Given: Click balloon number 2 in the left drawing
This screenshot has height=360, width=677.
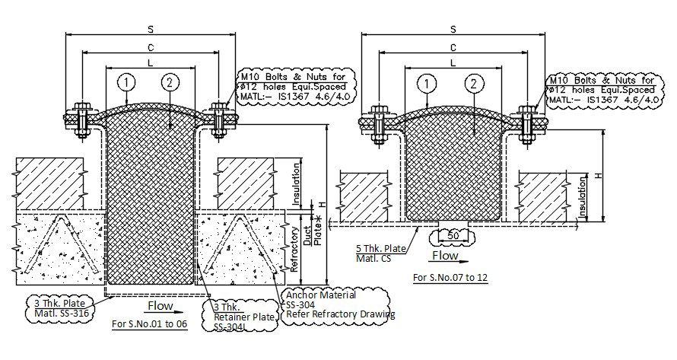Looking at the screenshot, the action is click(170, 81).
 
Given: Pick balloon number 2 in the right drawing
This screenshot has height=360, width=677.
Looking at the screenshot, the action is click(474, 83).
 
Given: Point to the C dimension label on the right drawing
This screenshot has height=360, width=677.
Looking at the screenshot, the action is click(453, 47).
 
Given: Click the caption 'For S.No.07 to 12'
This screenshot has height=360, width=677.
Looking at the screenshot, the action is click(450, 277).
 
